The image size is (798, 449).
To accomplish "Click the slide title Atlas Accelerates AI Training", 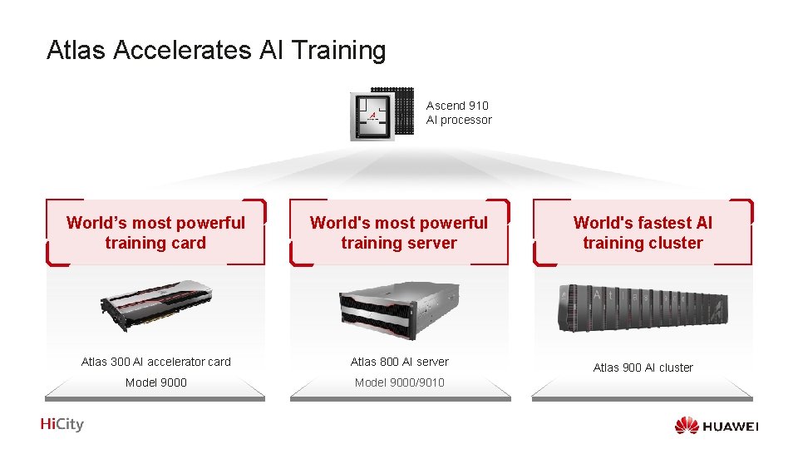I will click(216, 51).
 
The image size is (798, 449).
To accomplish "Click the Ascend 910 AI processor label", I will click(459, 112).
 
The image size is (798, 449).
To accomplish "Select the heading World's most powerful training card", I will click(155, 233).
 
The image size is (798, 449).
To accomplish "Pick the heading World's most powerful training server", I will click(399, 233).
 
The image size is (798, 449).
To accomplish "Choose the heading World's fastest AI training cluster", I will click(643, 233).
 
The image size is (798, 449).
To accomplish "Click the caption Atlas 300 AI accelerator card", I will click(156, 362).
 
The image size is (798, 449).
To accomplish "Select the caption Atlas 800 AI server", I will click(399, 362).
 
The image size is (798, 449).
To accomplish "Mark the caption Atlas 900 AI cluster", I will click(643, 368).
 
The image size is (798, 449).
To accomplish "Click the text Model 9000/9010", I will click(399, 382).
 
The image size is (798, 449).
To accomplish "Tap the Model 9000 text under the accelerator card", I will click(156, 382).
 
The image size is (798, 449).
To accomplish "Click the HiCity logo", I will click(62, 425).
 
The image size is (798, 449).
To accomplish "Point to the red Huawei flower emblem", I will click(687, 426).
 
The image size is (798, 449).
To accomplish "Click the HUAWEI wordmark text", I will click(731, 427).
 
